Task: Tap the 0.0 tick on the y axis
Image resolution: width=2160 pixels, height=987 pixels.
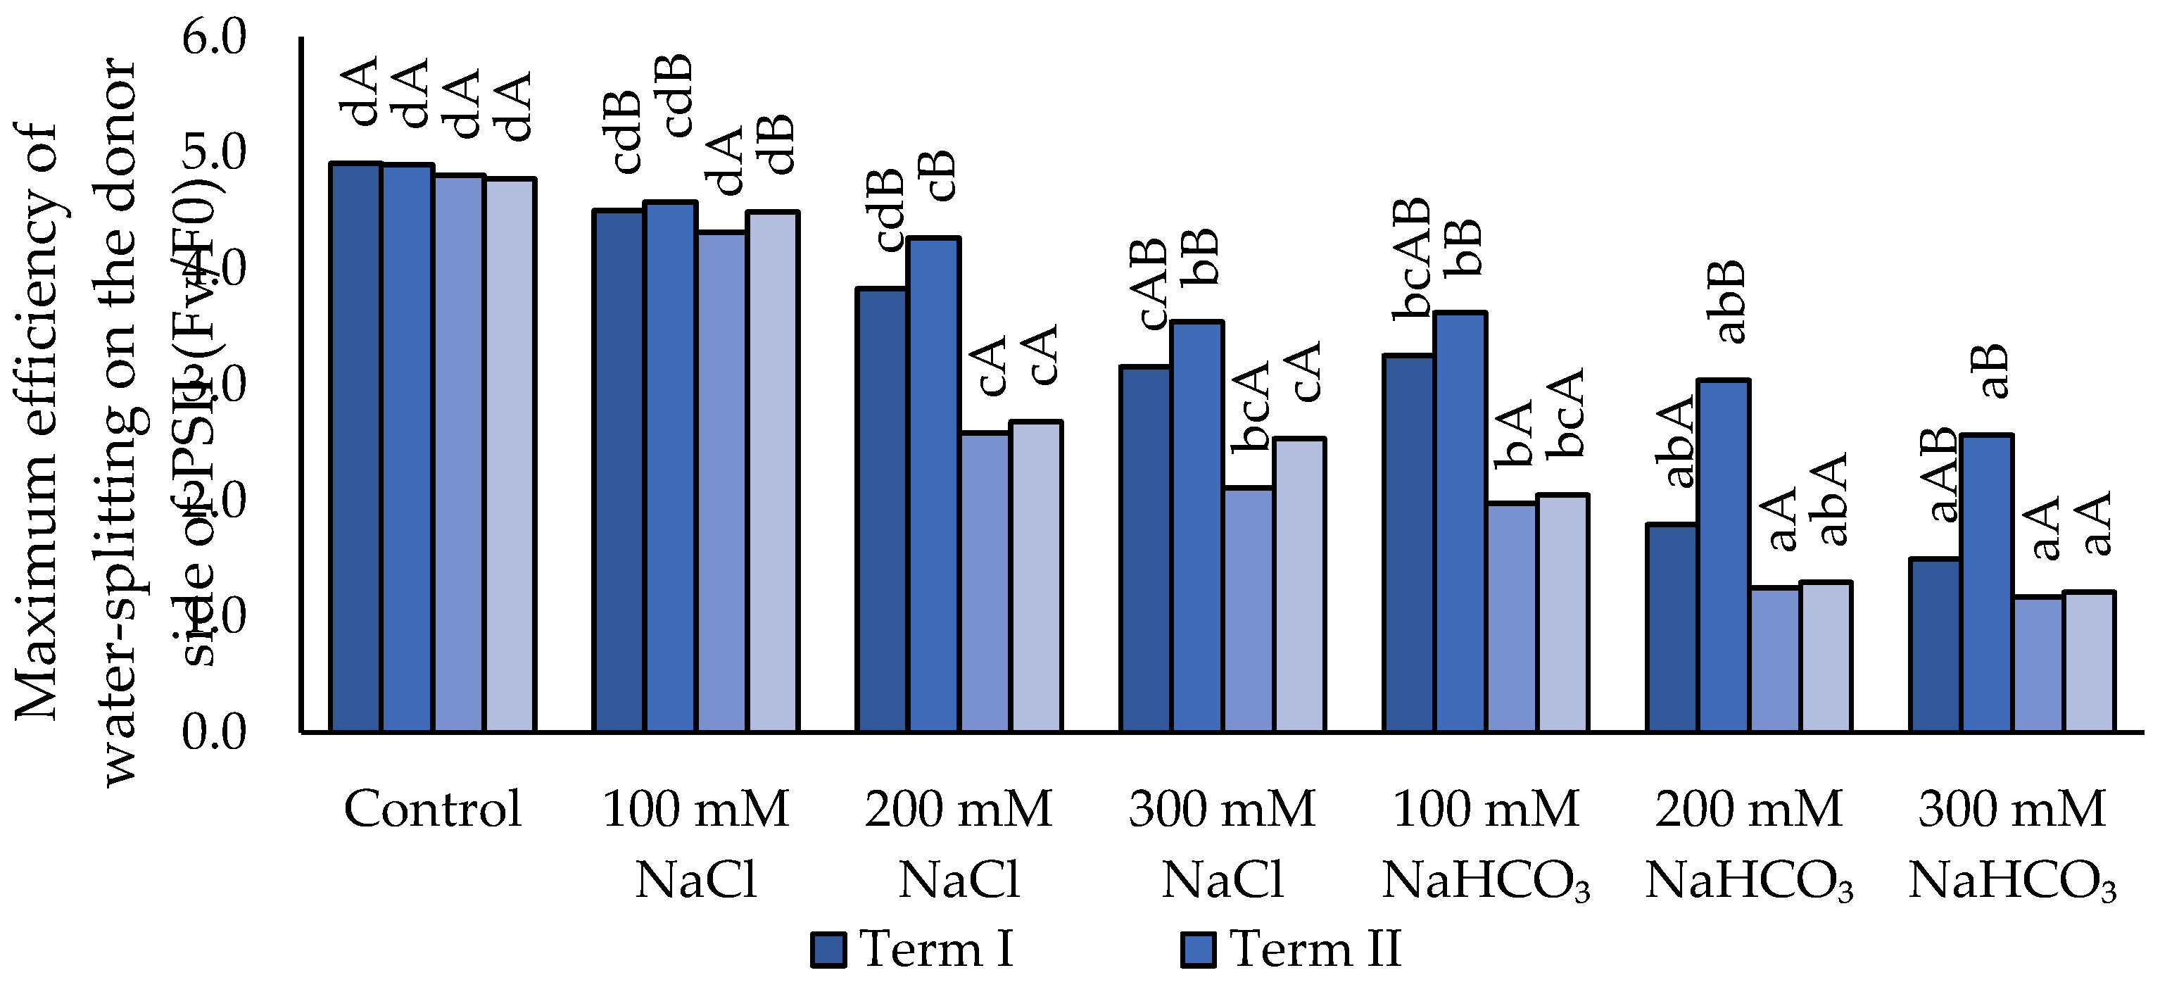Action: pyautogui.click(x=214, y=732)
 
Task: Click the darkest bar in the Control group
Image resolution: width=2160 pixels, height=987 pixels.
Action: pyautogui.click(x=356, y=448)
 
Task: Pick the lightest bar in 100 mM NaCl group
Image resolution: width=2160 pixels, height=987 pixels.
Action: pyautogui.click(x=773, y=472)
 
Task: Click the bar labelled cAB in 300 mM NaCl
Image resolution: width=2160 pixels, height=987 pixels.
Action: pyautogui.click(x=1144, y=549)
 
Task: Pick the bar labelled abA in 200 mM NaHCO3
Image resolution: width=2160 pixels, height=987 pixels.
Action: pyautogui.click(x=1671, y=628)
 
